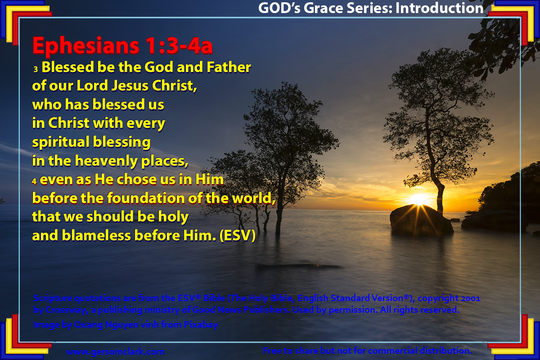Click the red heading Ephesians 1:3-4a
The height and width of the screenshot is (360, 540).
tap(122, 46)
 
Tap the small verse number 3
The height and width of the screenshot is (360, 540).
tap(36, 69)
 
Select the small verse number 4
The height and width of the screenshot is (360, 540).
tap(34, 181)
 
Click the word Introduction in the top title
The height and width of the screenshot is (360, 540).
tap(439, 8)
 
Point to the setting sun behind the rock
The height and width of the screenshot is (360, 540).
tap(419, 200)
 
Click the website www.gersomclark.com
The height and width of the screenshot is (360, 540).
tap(116, 351)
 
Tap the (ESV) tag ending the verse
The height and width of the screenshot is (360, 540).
tap(238, 235)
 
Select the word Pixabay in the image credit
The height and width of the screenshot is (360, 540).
tap(201, 325)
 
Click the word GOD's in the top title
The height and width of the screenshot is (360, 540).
tap(279, 8)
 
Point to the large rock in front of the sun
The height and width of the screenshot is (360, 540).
tap(421, 220)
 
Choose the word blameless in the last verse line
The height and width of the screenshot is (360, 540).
tap(96, 235)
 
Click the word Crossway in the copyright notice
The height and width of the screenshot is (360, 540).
tap(67, 310)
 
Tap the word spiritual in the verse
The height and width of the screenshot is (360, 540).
tap(61, 142)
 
